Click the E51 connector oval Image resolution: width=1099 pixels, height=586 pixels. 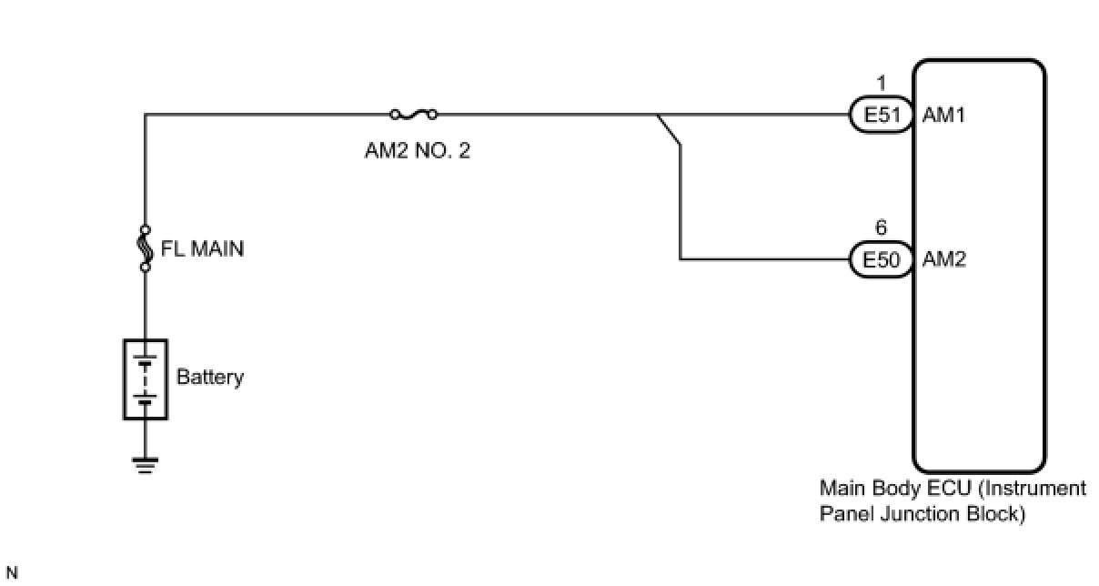pos(880,116)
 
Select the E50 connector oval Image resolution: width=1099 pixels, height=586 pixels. pos(880,260)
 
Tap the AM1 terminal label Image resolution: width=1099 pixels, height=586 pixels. pos(943,116)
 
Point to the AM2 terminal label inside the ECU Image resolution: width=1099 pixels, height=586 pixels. pos(943,260)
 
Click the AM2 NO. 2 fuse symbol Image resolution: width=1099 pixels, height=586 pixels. pos(413,115)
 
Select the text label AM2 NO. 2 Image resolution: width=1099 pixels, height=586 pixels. pos(418,150)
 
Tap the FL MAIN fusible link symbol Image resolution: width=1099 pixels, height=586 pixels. pos(145,247)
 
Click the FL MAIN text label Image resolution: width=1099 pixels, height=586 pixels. pos(203,248)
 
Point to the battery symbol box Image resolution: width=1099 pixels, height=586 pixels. pos(146,379)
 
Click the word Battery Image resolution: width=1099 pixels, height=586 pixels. pos(210,377)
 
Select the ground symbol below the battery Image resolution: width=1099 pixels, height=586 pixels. pos(145,464)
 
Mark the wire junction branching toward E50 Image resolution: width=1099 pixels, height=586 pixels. pos(658,116)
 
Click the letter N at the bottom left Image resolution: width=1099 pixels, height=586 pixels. pos(12,573)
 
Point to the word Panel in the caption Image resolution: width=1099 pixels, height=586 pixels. pos(846,513)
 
